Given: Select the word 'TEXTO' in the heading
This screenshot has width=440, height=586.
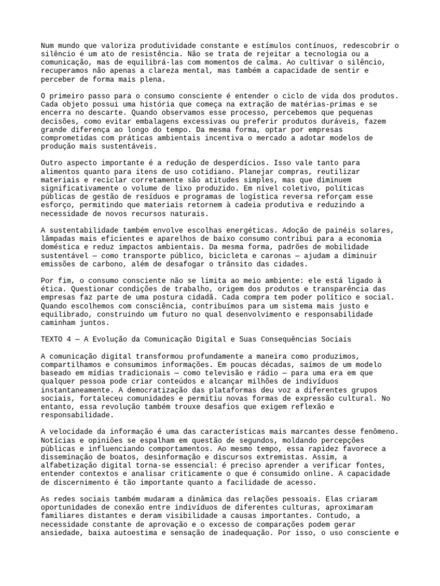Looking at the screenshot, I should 53,339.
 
